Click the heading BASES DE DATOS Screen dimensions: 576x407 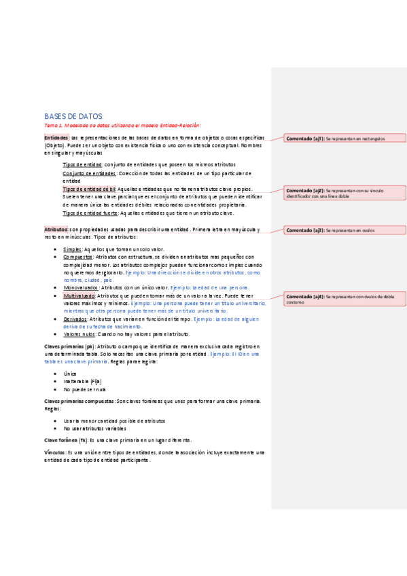click(x=74, y=116)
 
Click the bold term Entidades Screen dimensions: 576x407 click(x=56, y=137)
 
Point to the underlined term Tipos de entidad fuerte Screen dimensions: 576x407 click(x=91, y=213)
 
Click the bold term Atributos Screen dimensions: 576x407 click(x=56, y=230)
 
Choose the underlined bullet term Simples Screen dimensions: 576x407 click(x=73, y=250)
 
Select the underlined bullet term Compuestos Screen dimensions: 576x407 click(x=79, y=257)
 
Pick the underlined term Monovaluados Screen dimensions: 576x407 click(x=81, y=288)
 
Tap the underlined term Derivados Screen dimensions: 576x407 click(x=77, y=319)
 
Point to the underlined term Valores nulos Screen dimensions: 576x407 click(x=79, y=334)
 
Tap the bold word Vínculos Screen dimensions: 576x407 click(x=55, y=452)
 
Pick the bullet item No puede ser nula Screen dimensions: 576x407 click(x=86, y=390)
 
